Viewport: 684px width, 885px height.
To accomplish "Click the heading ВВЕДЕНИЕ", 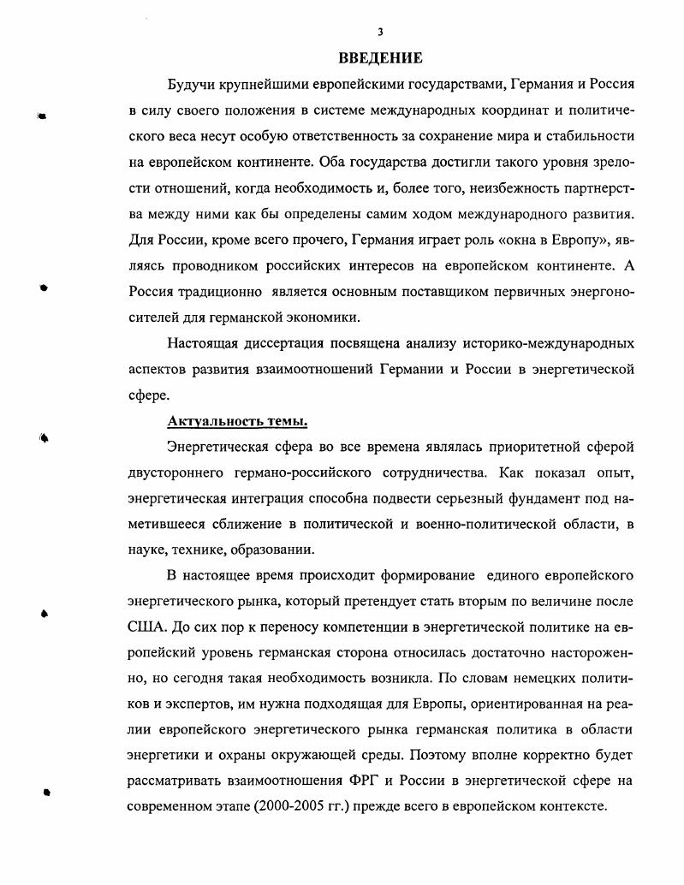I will (x=380, y=59).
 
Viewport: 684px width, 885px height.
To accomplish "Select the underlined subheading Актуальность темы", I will (x=237, y=422).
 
